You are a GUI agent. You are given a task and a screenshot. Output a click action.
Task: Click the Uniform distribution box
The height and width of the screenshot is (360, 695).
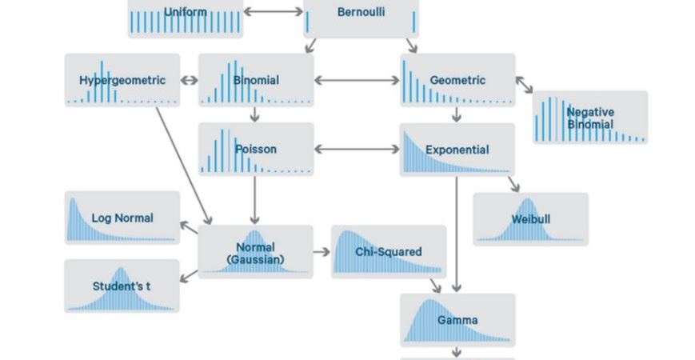(185, 16)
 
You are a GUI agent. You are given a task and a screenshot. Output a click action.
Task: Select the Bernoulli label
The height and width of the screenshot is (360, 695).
(361, 13)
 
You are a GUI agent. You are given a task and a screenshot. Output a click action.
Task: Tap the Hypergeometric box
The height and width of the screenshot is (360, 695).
(122, 80)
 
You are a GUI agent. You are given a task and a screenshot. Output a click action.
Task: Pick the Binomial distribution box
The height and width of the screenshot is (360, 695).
(256, 80)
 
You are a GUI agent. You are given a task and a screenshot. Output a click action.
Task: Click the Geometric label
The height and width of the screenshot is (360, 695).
(457, 80)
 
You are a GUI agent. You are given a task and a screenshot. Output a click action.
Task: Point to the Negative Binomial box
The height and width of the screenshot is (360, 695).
(590, 118)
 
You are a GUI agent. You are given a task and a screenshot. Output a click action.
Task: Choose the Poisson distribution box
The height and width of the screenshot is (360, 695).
(256, 149)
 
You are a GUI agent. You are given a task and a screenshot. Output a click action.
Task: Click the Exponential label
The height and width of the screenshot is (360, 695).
(457, 150)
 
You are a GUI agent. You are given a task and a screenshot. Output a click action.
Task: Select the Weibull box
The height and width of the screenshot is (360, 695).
(531, 219)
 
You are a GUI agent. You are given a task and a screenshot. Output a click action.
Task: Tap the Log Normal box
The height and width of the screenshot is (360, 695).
(122, 218)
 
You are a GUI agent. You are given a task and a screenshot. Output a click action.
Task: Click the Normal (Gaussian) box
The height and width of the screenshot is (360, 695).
(255, 253)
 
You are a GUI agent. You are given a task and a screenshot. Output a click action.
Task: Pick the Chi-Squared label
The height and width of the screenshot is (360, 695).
(389, 252)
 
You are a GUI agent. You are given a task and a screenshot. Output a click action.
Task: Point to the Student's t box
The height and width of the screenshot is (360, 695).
(122, 286)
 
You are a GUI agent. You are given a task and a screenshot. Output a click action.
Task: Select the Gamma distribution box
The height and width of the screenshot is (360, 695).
(457, 320)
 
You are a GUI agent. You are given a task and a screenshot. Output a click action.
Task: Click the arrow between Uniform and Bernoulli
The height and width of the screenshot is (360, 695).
(274, 12)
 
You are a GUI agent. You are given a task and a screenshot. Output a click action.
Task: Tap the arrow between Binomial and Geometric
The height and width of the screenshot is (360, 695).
(357, 80)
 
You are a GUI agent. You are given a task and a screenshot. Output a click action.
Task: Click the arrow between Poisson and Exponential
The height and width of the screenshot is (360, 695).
(357, 149)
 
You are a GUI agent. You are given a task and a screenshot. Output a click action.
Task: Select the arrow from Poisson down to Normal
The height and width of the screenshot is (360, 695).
(255, 200)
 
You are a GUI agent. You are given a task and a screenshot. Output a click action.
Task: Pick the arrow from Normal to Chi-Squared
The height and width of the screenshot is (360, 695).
(322, 252)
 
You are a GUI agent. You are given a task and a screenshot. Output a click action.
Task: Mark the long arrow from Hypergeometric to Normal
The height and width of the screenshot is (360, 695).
(183, 165)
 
